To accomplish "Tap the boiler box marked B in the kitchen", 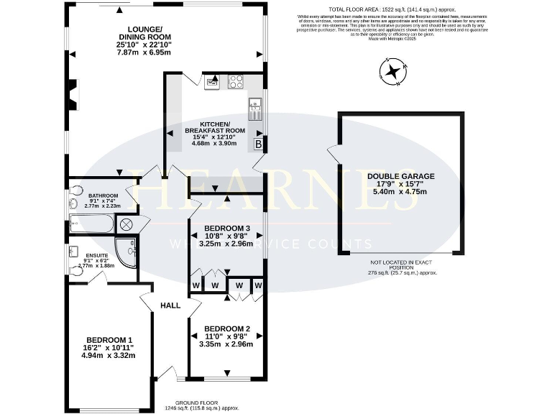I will [x=258, y=144].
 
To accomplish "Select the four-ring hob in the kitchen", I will [x=235, y=81].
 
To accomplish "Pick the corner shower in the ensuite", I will [x=128, y=252].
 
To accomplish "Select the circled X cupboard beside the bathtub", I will [x=125, y=225].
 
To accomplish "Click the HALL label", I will [x=170, y=305].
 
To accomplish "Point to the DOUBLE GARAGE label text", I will [x=401, y=175].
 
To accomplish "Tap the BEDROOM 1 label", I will [x=109, y=340].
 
